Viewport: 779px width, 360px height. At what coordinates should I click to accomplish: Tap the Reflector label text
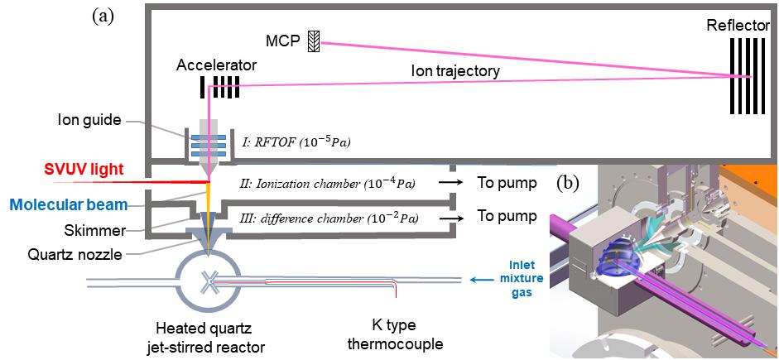[x=737, y=26]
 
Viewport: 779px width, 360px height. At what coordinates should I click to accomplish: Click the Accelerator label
[x=217, y=64]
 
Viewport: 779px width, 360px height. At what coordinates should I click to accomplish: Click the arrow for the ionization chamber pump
[x=451, y=182]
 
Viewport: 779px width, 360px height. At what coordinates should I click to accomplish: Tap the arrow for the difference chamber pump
[x=451, y=218]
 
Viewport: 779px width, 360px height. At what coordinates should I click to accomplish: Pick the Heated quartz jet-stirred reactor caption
[x=211, y=330]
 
